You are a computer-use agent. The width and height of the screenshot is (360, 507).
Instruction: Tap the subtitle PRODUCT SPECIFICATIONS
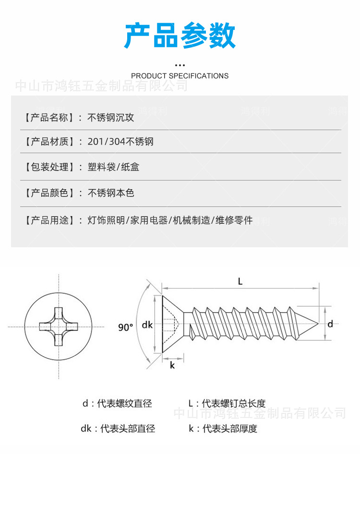(x=180, y=76)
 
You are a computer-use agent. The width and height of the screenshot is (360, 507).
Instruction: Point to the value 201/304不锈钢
(x=120, y=142)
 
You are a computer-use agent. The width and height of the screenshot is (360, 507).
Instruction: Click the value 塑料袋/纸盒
(x=114, y=167)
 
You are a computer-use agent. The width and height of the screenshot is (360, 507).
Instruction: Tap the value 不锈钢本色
(x=111, y=193)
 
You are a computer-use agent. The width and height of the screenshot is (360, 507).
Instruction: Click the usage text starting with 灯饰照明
(x=170, y=220)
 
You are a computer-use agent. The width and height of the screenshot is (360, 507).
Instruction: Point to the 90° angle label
(x=125, y=327)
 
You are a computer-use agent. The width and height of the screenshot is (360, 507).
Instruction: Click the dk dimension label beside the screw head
(x=147, y=325)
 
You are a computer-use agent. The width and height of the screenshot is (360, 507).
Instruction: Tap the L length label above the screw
(x=240, y=282)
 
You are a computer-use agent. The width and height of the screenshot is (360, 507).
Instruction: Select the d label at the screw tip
(x=330, y=324)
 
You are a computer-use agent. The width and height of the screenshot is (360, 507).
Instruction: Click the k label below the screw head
(x=172, y=365)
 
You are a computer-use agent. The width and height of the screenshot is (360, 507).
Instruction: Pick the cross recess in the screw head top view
(x=59, y=326)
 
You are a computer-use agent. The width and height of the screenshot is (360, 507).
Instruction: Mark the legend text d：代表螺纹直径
(x=117, y=404)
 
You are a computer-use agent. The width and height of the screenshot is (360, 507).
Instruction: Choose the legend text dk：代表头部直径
(x=118, y=429)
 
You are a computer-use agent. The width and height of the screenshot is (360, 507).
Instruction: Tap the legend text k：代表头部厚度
(x=223, y=429)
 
